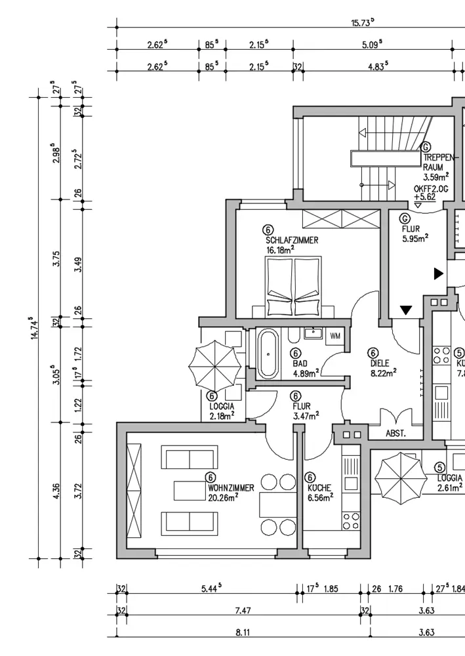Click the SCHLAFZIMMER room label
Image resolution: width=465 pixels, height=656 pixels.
[x=292, y=241]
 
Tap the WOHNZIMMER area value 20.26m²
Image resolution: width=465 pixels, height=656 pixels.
[x=222, y=497]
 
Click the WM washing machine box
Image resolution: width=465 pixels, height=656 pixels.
[x=335, y=336]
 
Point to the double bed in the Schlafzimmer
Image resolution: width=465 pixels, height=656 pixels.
[x=294, y=287]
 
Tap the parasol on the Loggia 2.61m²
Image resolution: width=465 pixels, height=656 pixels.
[x=399, y=478]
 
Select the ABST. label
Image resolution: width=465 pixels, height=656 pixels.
[x=395, y=434]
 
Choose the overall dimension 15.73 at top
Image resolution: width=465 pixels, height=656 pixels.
[x=362, y=22]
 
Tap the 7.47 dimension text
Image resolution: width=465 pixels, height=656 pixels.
[x=243, y=611]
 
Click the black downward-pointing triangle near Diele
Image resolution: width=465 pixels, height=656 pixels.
[x=407, y=310]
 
